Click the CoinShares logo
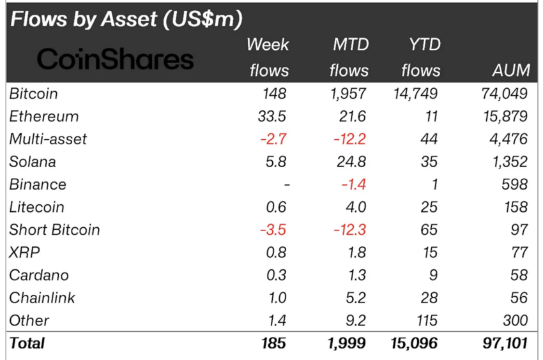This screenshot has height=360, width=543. coord(115,59)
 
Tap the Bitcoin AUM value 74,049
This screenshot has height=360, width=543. coord(504,94)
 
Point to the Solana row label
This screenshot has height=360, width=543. coord(33,162)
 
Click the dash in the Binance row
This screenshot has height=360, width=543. coord(287,185)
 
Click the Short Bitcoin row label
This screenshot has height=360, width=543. coord(54,230)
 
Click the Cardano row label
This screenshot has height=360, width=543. coord(38,276)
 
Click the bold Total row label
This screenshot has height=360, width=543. coord(27,343)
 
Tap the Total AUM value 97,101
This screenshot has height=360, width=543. coord(504,343)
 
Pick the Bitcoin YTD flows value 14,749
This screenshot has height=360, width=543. coord(414,94)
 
